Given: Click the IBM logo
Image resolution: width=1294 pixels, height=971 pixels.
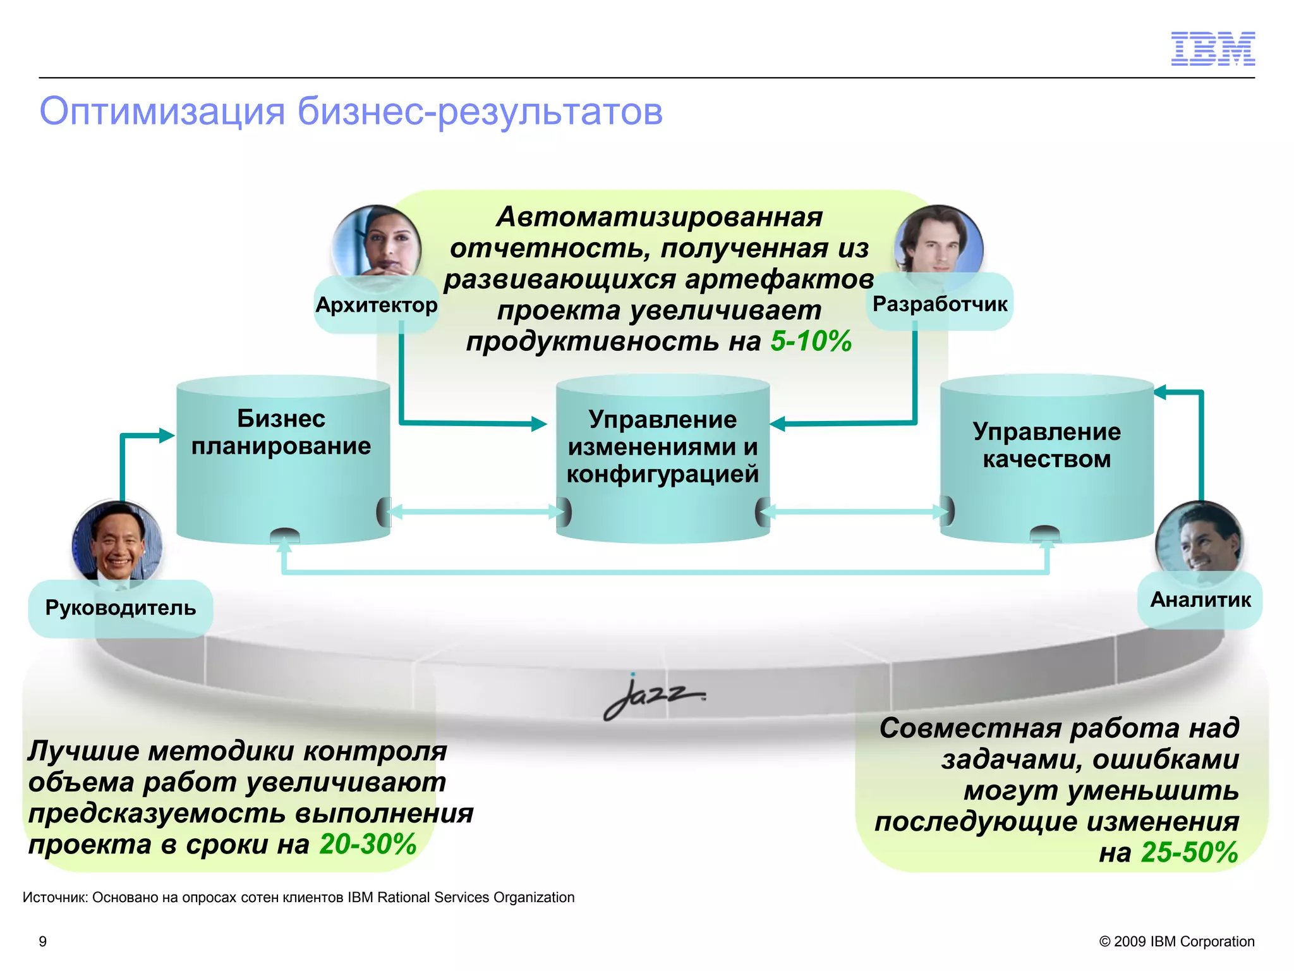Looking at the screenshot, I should [1212, 49].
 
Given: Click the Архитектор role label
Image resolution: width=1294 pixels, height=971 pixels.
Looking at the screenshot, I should [376, 305].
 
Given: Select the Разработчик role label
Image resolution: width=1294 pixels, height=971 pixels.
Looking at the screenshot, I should [940, 303].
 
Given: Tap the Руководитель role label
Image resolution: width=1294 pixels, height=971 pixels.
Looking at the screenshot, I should [120, 608].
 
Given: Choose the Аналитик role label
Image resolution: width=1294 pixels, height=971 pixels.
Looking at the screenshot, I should [1200, 600].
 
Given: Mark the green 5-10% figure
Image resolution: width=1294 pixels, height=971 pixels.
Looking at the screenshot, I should [811, 341].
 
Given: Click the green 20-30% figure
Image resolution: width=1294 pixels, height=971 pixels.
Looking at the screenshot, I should [368, 845].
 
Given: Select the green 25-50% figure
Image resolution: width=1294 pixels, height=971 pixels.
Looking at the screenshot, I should [1189, 852].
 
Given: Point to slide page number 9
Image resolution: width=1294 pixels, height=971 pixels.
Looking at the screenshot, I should [43, 941].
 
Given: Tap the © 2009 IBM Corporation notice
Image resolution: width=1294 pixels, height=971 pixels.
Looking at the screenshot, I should [1176, 941].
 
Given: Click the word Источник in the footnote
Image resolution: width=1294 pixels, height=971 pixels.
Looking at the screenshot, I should [56, 898].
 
